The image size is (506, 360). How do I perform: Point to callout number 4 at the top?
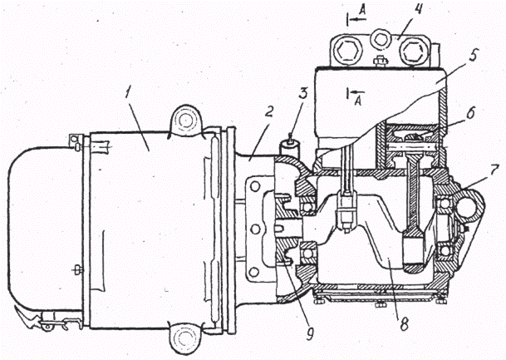[x=397, y=12]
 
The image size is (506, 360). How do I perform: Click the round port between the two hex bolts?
[x=381, y=38]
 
